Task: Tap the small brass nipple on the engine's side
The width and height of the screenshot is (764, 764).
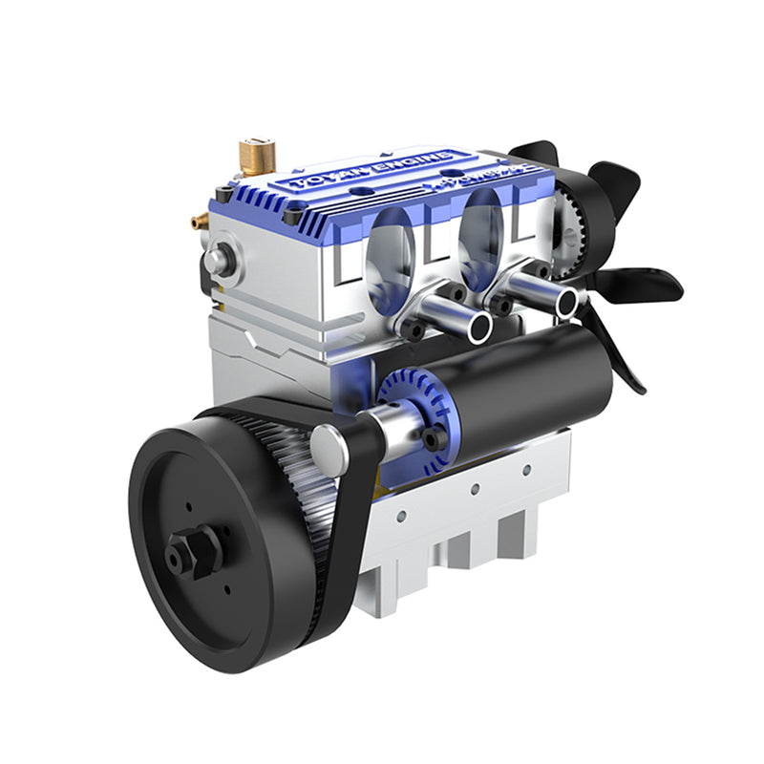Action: [200, 221]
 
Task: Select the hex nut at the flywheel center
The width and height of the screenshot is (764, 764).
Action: [193, 551]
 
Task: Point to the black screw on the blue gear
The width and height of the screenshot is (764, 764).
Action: [435, 437]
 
